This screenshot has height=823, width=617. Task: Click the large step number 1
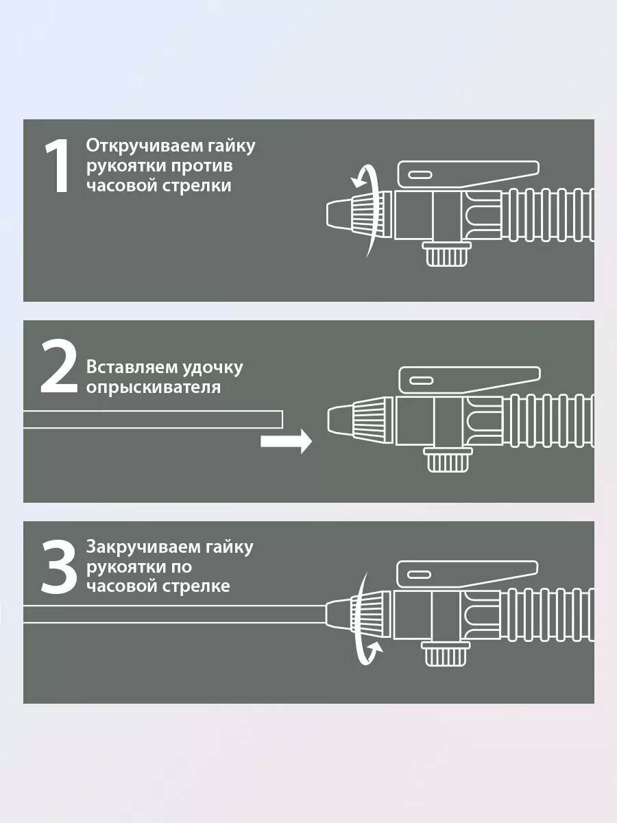click(58, 166)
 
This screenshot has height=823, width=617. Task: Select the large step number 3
click(59, 566)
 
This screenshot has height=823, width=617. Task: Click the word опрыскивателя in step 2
click(154, 387)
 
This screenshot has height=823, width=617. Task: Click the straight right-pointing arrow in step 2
click(286, 441)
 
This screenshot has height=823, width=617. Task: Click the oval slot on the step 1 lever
click(420, 175)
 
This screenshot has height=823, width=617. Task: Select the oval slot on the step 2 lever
click(421, 381)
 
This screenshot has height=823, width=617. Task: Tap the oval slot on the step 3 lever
click(419, 575)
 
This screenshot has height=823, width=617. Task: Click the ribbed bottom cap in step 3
click(446, 654)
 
